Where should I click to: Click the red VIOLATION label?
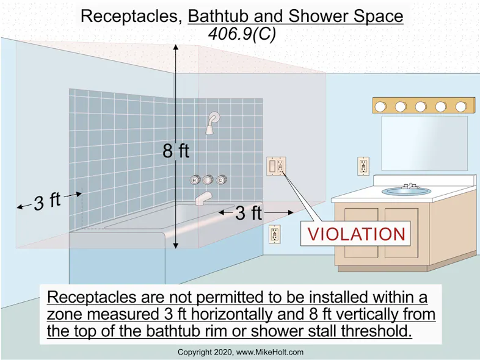[356, 234]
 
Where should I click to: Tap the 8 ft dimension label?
[175, 151]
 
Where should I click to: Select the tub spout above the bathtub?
[203, 198]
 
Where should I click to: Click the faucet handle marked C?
[221, 180]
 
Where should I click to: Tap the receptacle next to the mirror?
[363, 165]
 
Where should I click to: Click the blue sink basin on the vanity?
[406, 191]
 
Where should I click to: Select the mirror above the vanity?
[424, 143]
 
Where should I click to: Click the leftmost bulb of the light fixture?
[381, 106]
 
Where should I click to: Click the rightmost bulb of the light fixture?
[462, 106]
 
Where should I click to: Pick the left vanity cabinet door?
[361, 232]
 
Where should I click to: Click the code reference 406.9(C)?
[241, 35]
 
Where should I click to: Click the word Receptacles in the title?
[130, 16]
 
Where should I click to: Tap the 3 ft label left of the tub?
[47, 201]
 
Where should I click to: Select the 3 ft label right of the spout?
[248, 213]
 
